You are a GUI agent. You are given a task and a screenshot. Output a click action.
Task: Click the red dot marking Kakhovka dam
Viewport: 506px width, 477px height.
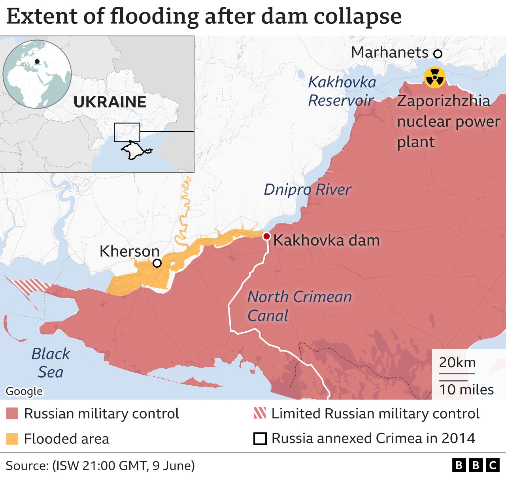pos(266,236)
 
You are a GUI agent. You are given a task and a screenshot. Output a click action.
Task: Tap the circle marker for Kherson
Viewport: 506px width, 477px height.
pos(157,263)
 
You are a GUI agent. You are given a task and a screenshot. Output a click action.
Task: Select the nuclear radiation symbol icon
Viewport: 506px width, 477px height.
pos(434,77)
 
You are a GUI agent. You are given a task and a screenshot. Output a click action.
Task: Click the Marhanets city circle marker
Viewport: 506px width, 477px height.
pos(437,54)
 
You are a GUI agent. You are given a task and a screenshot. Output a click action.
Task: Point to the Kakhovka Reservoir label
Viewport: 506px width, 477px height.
pos(341,91)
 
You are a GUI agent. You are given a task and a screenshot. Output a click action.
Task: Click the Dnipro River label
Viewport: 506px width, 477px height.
pos(307,190)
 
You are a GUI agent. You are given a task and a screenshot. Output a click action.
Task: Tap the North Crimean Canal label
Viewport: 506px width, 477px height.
pos(299,306)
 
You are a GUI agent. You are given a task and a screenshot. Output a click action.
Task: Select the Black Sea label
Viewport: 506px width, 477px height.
pos(51,362)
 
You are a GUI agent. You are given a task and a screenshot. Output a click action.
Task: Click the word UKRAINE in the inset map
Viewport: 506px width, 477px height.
pos(110,102)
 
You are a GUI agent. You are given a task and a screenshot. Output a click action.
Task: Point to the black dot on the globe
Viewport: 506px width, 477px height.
pos(37,61)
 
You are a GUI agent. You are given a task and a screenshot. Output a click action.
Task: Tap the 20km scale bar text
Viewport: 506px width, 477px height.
pos(457,362)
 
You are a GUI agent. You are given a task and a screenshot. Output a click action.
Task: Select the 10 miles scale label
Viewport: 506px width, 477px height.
pos(466,389)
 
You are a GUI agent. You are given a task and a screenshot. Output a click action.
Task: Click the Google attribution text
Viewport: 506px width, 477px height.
pos(24,391)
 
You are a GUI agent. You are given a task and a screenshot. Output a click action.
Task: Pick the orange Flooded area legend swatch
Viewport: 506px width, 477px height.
pos(12,439)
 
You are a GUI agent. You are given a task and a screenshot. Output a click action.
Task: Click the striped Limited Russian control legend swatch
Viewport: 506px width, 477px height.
pos(260,413)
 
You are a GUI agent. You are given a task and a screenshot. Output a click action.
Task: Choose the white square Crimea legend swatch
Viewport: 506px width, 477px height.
pos(260,439)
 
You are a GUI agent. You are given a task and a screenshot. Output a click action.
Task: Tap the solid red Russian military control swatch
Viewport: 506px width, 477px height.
pos(12,413)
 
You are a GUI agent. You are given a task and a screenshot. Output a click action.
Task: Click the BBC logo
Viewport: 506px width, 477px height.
pos(476,466)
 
